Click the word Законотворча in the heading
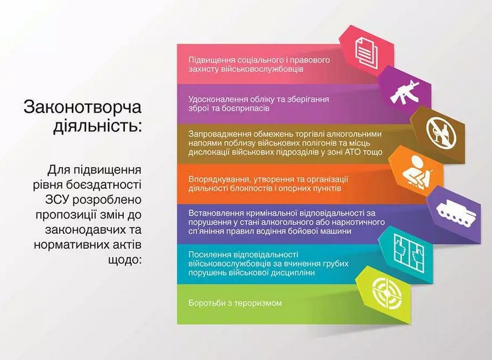tap(82, 107)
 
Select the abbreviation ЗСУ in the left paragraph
tap(58, 200)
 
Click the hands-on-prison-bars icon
tap(408, 253)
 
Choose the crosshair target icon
tap(387, 293)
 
